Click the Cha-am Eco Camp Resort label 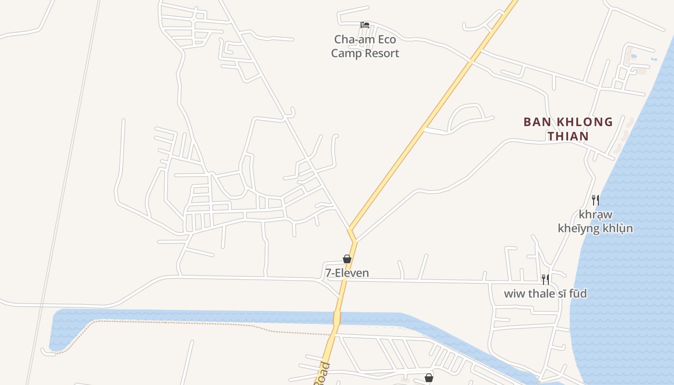pos(365,46)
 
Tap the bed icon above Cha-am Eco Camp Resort pos(365,25)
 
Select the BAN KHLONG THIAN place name pos(568,128)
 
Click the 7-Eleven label pos(347,273)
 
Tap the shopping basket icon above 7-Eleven pos(347,259)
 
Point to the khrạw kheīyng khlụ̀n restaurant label pos(595,221)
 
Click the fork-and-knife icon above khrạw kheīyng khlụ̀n pos(596,200)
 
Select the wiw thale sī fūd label pos(545,293)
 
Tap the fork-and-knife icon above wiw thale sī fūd pos(545,279)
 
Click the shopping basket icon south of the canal pos(428,378)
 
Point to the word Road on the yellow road pos(323,373)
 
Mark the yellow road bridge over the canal pos(337,318)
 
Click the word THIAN pos(568,136)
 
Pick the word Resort pos(382,53)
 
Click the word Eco pos(386,39)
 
